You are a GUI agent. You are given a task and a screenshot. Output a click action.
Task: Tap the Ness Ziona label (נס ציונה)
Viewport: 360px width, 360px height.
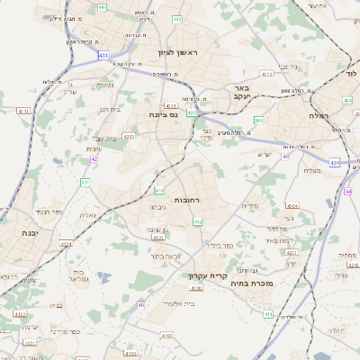(164, 115)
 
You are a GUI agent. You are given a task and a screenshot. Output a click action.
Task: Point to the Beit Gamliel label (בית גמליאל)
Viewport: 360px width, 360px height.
(78, 274)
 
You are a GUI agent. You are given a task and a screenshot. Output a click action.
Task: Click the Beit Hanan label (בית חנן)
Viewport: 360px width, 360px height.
(107, 108)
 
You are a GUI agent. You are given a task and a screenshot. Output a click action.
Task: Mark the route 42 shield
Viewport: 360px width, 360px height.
(94, 159)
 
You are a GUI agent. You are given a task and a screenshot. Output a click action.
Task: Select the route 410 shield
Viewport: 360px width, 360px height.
(159, 191)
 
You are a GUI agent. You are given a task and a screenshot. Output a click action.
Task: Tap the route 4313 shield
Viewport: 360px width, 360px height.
(266, 74)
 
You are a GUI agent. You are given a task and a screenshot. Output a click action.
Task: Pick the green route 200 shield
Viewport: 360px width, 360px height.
(258, 120)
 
